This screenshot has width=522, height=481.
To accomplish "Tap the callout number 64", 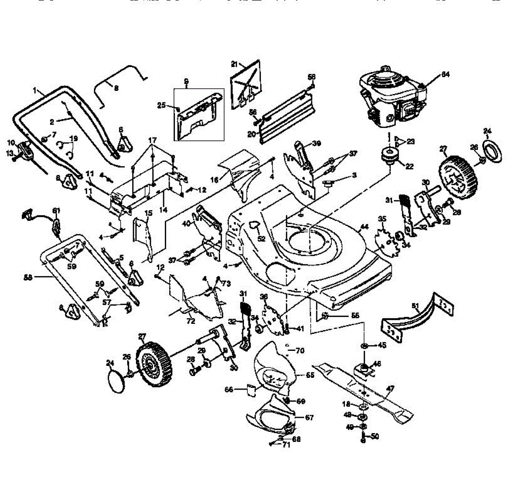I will (445, 74).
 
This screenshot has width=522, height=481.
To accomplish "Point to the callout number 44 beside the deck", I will (364, 227).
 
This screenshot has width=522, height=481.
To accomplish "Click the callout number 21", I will (234, 64).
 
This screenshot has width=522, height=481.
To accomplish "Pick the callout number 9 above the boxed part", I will (186, 81).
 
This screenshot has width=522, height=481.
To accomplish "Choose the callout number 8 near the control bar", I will (116, 87).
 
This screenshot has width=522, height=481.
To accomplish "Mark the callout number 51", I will (416, 306).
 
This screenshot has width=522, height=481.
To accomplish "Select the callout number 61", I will (56, 211).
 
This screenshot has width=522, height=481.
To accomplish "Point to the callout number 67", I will (309, 418).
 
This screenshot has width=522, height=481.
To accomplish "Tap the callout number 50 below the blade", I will (375, 436).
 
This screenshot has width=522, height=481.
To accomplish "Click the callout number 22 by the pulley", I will (409, 166).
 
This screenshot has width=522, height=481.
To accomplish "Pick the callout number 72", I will (191, 321).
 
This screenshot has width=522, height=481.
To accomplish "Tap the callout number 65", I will (310, 374).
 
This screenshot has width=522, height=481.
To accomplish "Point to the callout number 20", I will (251, 134).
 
